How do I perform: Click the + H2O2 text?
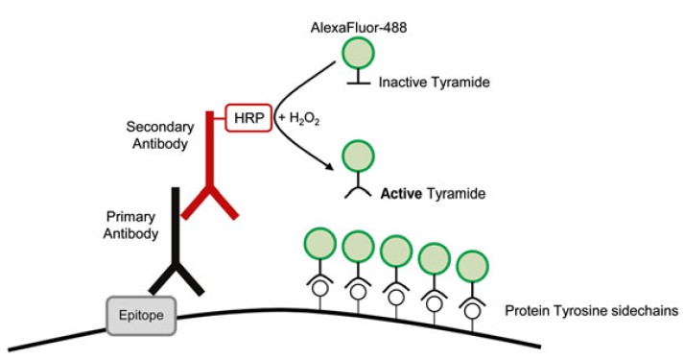click(x=298, y=117)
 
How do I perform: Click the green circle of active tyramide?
click(x=360, y=156)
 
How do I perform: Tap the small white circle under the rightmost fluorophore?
click(x=473, y=310)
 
